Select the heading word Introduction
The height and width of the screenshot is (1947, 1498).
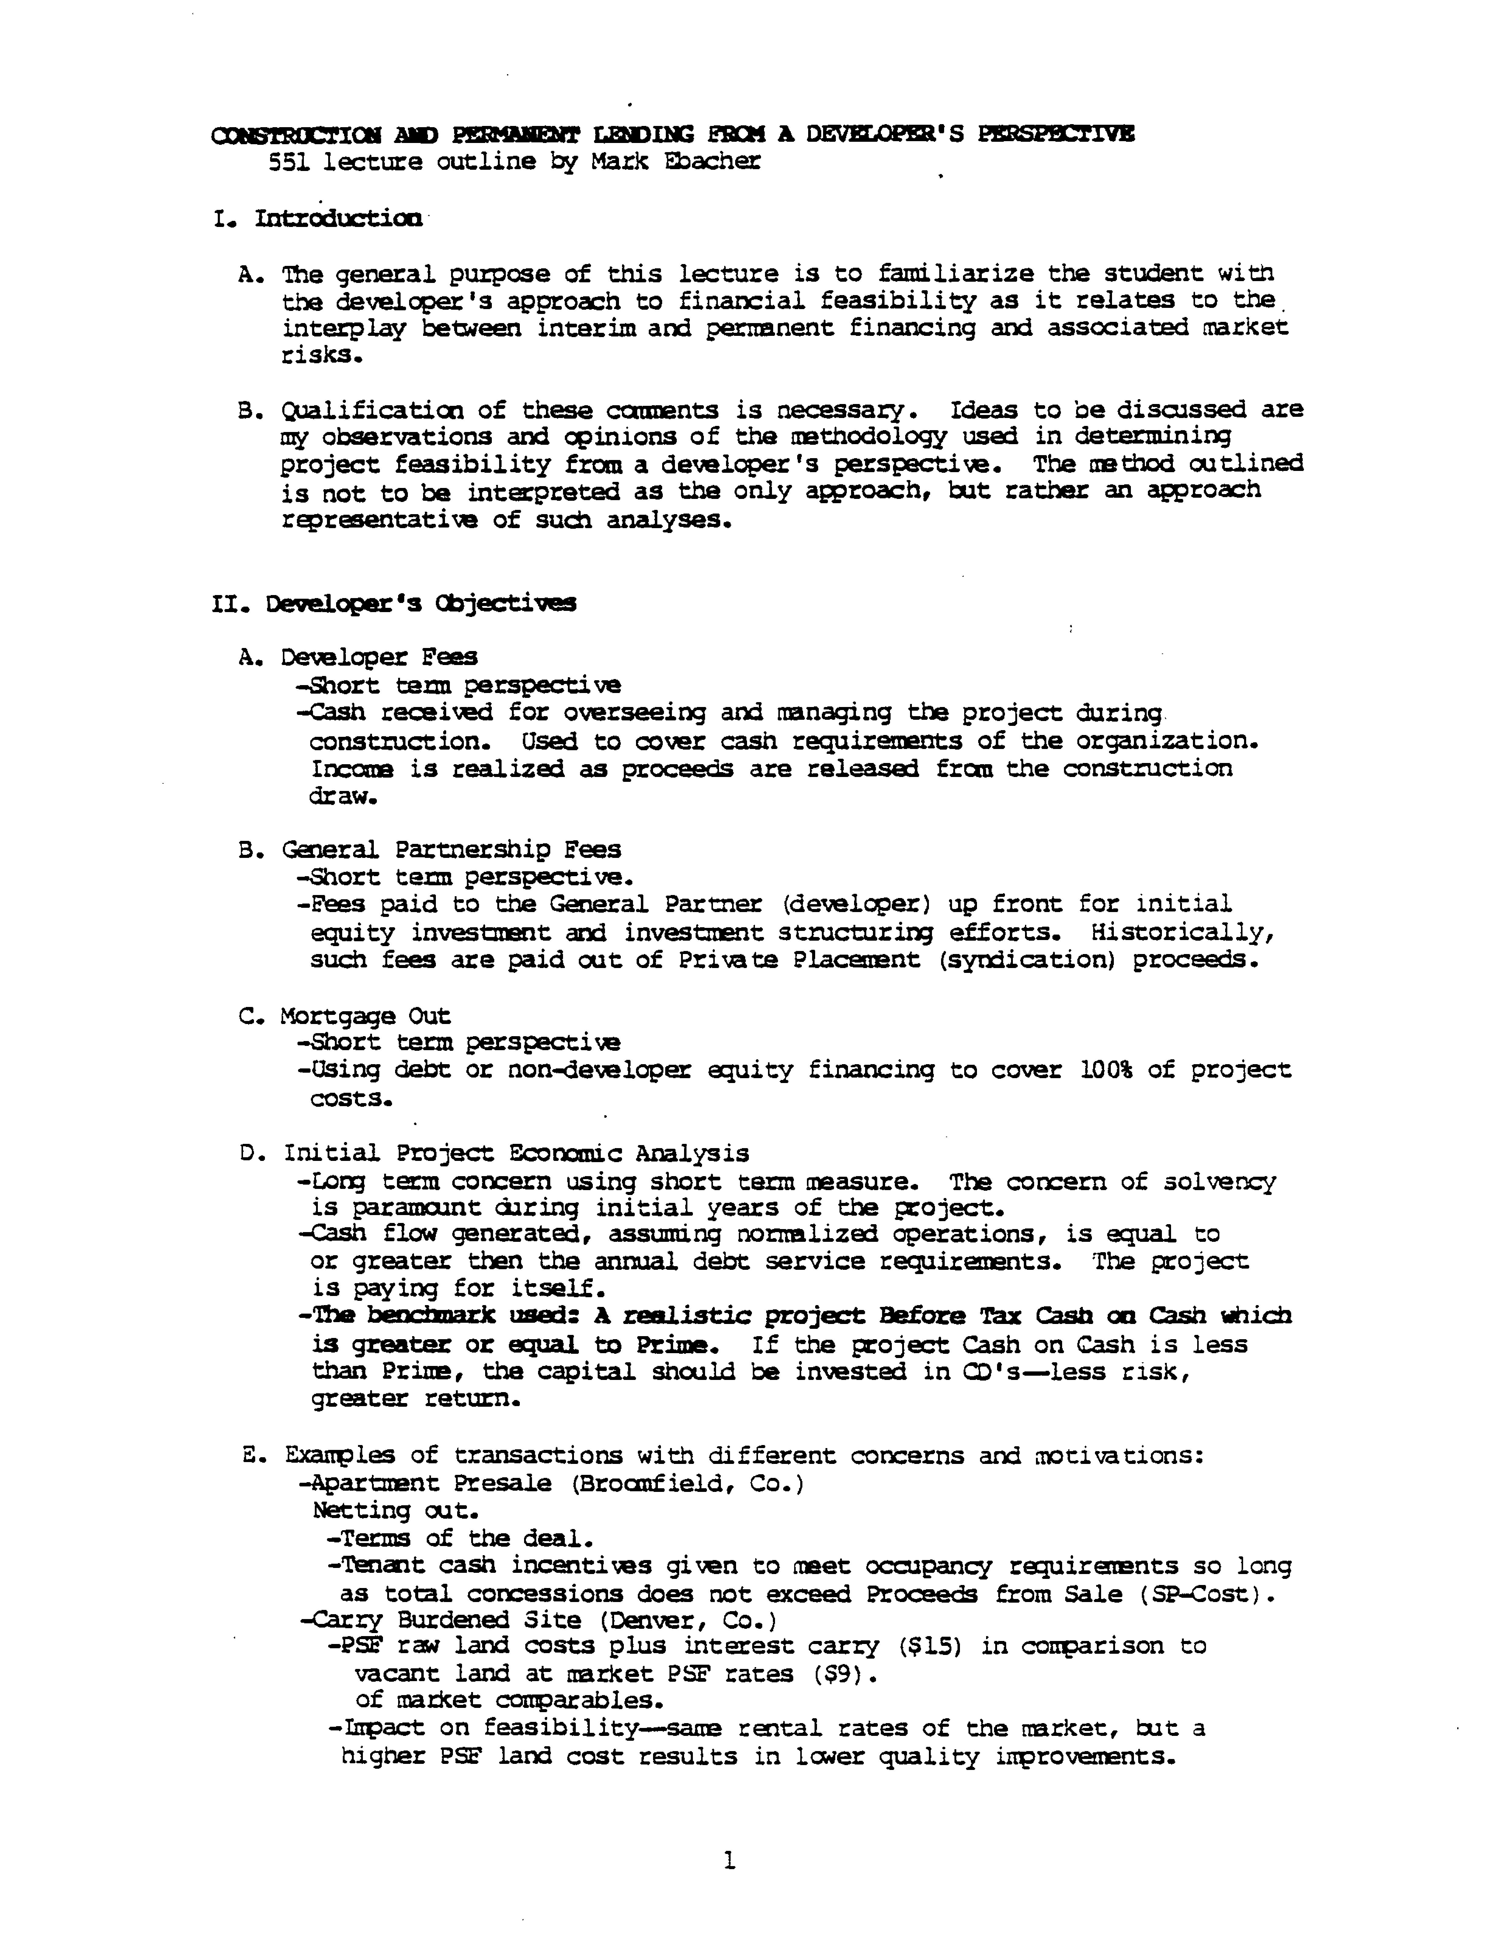point(339,218)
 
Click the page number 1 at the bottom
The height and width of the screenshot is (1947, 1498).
point(729,1861)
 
